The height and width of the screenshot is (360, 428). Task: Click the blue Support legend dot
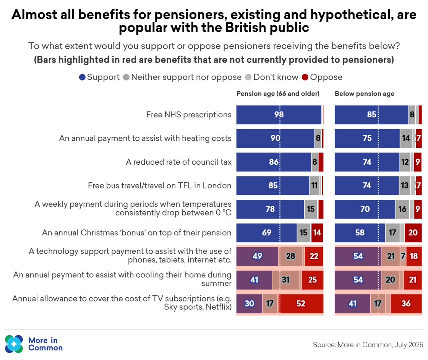(82, 77)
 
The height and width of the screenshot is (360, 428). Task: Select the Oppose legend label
(326, 77)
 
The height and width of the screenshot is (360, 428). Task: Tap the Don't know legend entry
(276, 77)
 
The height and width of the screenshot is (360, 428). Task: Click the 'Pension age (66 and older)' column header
(278, 94)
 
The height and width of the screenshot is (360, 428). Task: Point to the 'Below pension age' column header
(365, 94)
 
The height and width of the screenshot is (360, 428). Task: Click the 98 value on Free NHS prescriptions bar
(279, 115)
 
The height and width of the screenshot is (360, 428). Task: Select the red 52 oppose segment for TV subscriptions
(301, 304)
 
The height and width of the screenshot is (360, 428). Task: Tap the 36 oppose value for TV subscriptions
(406, 304)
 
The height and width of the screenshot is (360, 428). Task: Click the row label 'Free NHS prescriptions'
(189, 115)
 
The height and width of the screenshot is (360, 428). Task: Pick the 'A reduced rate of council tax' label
(178, 162)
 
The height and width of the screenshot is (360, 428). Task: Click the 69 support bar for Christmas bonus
(267, 233)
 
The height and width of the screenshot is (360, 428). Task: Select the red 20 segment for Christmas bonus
(413, 233)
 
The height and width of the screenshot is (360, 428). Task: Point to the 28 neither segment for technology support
(290, 256)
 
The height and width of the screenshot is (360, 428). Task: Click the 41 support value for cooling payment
(254, 280)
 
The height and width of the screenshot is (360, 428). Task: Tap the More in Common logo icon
(15, 344)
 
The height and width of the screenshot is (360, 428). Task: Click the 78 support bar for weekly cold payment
(270, 209)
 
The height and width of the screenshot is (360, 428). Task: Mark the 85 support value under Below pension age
(371, 115)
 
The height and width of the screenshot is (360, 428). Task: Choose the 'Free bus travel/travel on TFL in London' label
(159, 186)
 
